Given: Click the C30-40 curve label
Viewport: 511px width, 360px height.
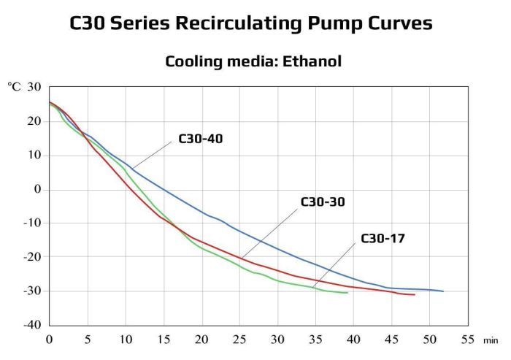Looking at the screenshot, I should (200, 139).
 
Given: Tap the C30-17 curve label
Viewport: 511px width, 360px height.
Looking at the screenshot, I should (383, 238).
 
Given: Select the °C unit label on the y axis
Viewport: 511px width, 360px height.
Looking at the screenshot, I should (15, 87).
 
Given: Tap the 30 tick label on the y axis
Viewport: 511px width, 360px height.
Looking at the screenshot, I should (34, 87).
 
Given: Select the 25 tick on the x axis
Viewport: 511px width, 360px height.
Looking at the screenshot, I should (239, 339).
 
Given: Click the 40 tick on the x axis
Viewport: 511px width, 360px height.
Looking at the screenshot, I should (353, 339).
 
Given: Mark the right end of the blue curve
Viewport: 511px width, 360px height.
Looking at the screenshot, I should (443, 291).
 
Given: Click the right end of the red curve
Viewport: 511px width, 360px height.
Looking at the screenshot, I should (415, 295).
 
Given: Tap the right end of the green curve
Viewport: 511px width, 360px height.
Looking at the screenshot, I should (347, 293).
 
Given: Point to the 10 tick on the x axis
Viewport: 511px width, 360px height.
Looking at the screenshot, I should (125, 339).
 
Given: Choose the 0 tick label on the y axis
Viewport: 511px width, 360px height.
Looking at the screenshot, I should (37, 189).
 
